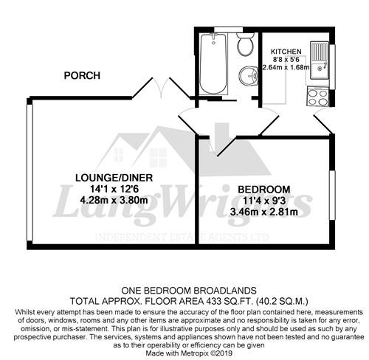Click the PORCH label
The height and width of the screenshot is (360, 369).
pyautogui.click(x=81, y=75)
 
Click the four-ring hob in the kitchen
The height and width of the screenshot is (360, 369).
pyautogui.click(x=318, y=97)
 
